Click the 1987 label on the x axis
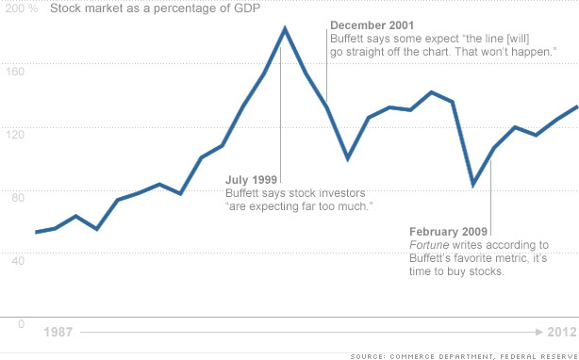coord(59,333)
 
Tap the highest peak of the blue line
coord(284,28)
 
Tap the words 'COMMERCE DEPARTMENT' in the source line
coord(454,354)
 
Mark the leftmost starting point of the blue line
coord(36,232)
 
